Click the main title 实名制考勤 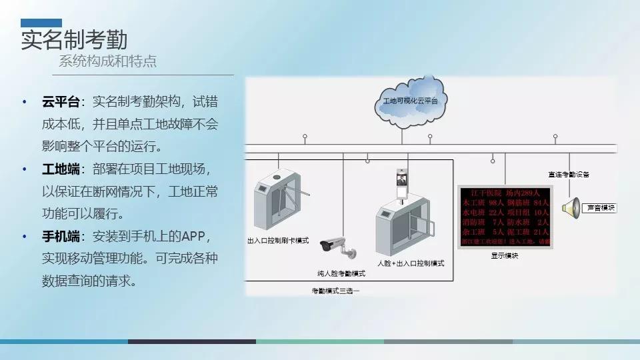click(73, 39)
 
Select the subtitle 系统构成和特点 click(107, 62)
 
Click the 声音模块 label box click(599, 208)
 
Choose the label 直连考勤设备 click(569, 175)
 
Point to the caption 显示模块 click(505, 255)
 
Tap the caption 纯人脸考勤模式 click(341, 273)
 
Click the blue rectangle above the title click(41, 23)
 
